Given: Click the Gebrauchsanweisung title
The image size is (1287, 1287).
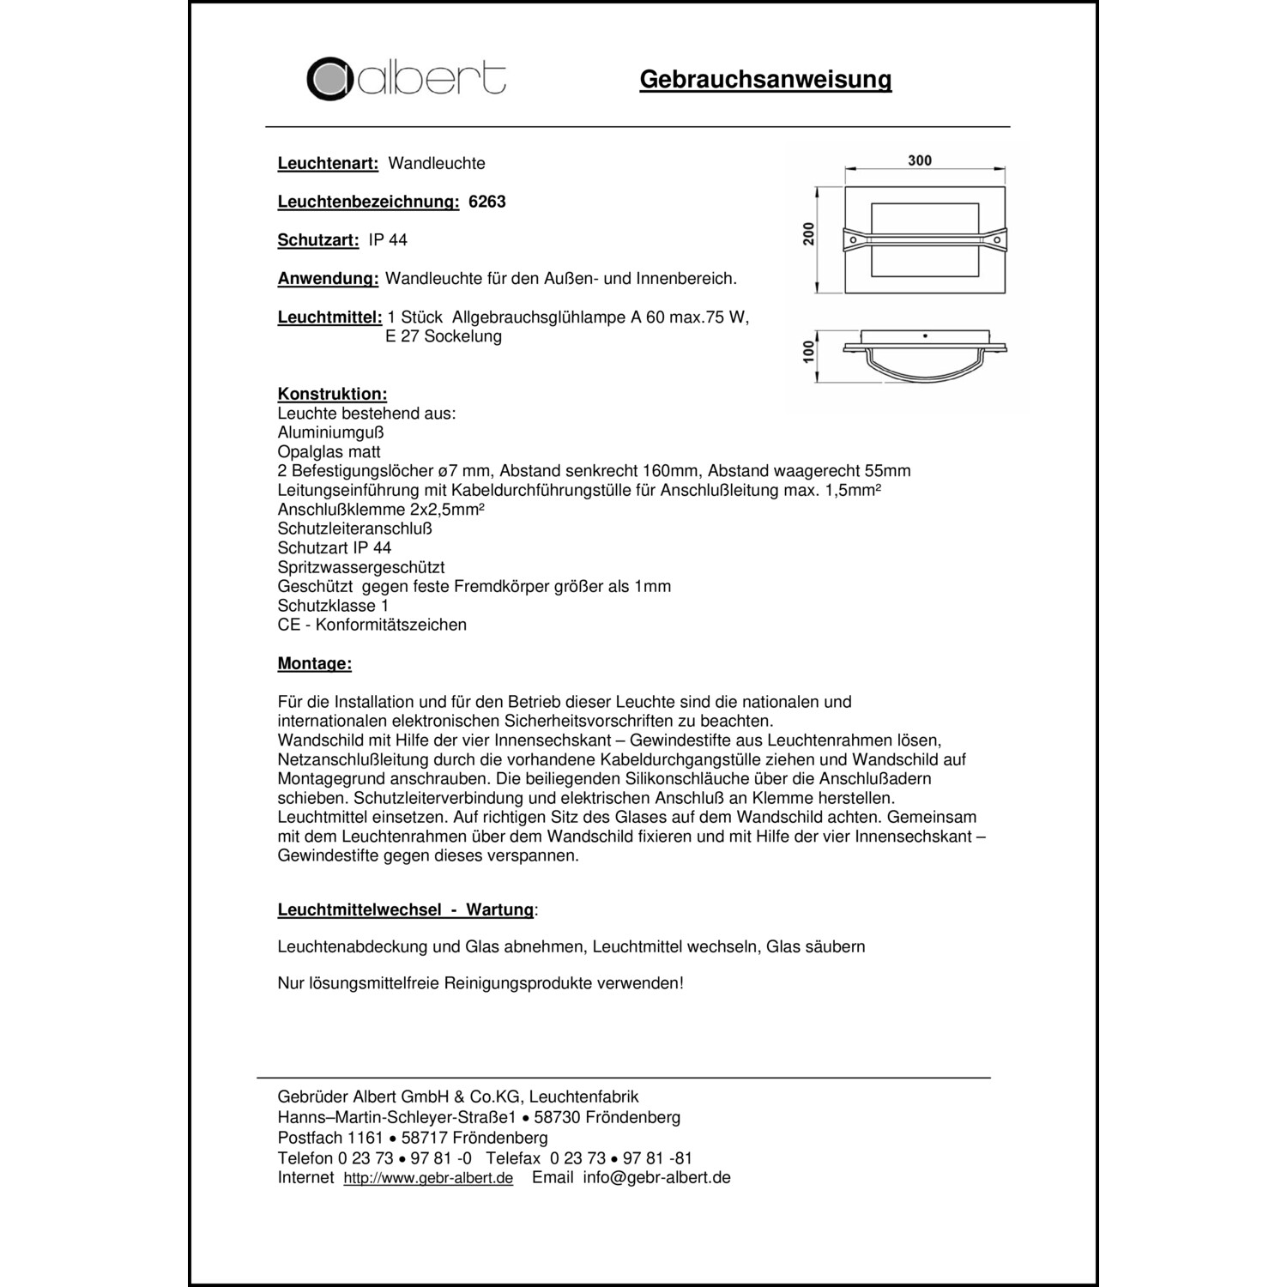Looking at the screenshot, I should click(x=765, y=80).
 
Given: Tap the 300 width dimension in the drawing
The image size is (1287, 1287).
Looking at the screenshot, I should click(x=919, y=160).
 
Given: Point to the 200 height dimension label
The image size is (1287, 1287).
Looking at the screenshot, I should click(x=808, y=233).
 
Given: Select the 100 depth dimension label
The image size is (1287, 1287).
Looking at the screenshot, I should click(x=808, y=352).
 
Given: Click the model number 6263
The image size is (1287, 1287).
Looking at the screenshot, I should click(x=486, y=202).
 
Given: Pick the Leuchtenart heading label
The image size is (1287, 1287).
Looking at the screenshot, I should click(x=328, y=163).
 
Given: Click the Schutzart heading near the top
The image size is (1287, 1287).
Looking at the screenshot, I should click(x=317, y=240).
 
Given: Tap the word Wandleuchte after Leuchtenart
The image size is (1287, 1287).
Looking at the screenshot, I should click(x=437, y=163).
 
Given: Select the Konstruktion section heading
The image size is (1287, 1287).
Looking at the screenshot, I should click(x=332, y=394).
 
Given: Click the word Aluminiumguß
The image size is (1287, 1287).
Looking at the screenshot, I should click(x=330, y=432).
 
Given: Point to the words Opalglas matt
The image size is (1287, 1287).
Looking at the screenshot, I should click(x=329, y=451).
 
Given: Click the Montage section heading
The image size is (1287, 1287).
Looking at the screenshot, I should click(x=314, y=663).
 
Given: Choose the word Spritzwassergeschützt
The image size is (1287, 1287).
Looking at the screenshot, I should click(x=361, y=567).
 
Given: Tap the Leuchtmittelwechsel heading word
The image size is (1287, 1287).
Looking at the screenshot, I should click(x=359, y=909).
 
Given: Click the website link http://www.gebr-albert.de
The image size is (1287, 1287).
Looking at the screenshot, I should click(x=428, y=1178).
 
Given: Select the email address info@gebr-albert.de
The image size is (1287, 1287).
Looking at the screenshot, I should click(x=656, y=1177).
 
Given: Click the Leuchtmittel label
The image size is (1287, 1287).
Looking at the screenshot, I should click(x=329, y=317).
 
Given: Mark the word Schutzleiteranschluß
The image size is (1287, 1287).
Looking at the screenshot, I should click(x=355, y=529).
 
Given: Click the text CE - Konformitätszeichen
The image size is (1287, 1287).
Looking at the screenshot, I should click(x=372, y=625).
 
